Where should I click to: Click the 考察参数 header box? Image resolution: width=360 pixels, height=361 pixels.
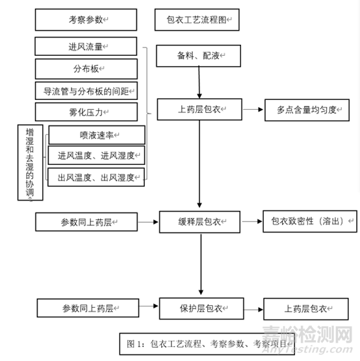point(86,19)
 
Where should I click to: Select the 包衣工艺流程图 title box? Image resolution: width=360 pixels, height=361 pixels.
point(197,19)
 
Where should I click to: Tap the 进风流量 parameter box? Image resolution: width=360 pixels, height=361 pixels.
point(86,46)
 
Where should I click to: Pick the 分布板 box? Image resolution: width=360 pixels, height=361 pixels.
point(86,69)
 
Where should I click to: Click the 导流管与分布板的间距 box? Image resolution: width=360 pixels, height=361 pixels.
point(86,91)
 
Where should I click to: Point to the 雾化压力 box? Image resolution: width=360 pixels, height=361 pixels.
point(86,112)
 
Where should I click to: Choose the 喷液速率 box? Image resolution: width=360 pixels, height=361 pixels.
point(97,135)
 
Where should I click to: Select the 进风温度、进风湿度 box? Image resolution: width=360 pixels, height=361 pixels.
point(96,155)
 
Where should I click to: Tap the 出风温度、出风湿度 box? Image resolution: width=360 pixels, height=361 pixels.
point(96,177)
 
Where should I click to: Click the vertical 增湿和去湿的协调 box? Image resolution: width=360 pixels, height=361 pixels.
point(30,162)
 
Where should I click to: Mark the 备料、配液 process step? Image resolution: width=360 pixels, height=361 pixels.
point(198,56)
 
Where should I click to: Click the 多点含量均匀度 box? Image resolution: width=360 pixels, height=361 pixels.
point(307,110)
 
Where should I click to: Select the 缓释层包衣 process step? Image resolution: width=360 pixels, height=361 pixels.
point(199,222)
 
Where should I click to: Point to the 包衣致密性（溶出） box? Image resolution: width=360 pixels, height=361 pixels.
point(310,221)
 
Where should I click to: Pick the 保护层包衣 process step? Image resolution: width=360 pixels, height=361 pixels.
point(201,308)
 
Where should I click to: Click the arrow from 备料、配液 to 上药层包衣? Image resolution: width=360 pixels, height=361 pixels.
point(199,82)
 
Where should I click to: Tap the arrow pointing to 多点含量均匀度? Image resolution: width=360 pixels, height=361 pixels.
point(253,110)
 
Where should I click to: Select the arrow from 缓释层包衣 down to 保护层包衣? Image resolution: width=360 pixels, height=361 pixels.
point(201,264)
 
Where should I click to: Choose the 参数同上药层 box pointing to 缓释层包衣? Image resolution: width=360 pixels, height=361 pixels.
point(86,222)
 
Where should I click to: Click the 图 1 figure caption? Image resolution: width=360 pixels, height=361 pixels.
point(207,344)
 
